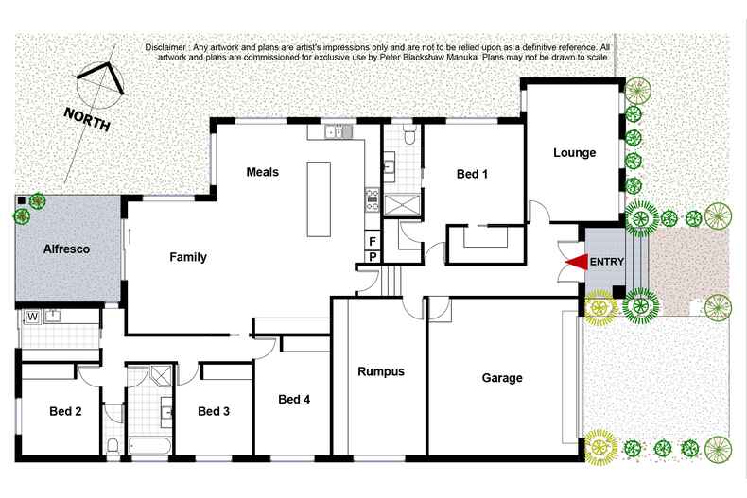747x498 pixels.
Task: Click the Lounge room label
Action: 574,153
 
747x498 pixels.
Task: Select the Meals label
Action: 262,172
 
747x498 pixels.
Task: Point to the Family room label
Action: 188,257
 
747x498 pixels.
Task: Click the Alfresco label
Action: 66,249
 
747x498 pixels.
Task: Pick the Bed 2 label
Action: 65,411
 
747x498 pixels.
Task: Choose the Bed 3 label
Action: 215,411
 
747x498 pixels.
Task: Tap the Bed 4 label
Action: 294,400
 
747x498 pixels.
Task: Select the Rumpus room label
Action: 381,371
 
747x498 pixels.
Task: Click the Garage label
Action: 502,378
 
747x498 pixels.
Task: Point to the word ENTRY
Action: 606,262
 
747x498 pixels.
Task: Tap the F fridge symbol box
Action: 373,242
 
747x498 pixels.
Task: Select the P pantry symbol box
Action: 373,256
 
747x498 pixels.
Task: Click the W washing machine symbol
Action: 31,317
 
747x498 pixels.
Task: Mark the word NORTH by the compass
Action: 86,120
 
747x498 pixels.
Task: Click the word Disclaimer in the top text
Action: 167,47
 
